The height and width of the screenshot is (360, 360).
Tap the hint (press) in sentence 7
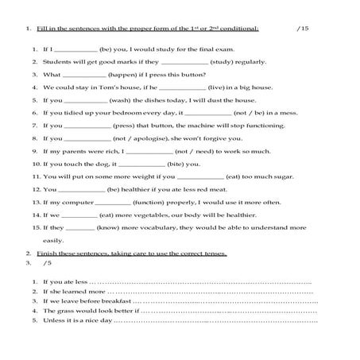tap(126, 126)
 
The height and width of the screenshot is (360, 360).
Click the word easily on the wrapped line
tap(53, 240)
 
